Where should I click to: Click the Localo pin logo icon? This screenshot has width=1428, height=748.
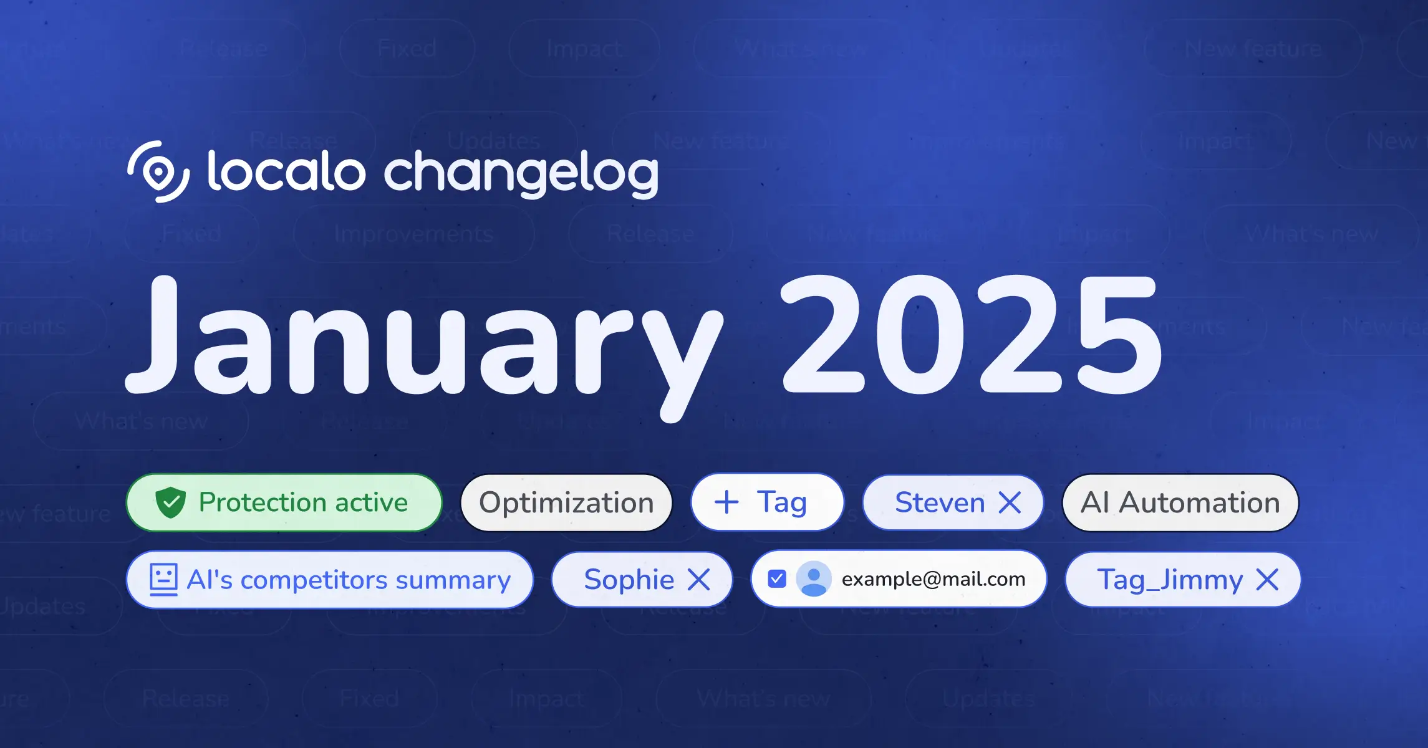(x=158, y=172)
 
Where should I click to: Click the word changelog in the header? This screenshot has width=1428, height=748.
(x=521, y=173)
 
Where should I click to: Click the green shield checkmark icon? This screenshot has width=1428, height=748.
(x=170, y=502)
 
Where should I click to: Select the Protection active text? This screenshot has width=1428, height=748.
(x=303, y=502)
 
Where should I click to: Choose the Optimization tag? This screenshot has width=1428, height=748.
(x=566, y=503)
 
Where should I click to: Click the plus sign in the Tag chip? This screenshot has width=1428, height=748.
(x=726, y=502)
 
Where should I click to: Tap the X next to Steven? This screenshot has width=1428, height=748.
(x=1010, y=502)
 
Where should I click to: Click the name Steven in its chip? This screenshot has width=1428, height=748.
(x=940, y=502)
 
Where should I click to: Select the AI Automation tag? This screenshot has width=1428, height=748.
(x=1180, y=503)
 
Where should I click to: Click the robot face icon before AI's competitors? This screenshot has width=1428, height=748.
(x=164, y=579)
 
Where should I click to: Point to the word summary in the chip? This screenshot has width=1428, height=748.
(x=453, y=580)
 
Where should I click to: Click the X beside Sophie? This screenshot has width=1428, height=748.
(x=698, y=580)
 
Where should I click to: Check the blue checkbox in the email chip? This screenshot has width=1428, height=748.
(x=777, y=579)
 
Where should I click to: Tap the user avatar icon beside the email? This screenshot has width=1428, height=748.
(x=814, y=579)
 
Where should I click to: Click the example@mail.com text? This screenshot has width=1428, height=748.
(x=934, y=579)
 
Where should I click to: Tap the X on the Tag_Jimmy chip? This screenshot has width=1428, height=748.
(x=1267, y=580)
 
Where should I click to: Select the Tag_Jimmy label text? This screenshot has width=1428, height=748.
(x=1170, y=580)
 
